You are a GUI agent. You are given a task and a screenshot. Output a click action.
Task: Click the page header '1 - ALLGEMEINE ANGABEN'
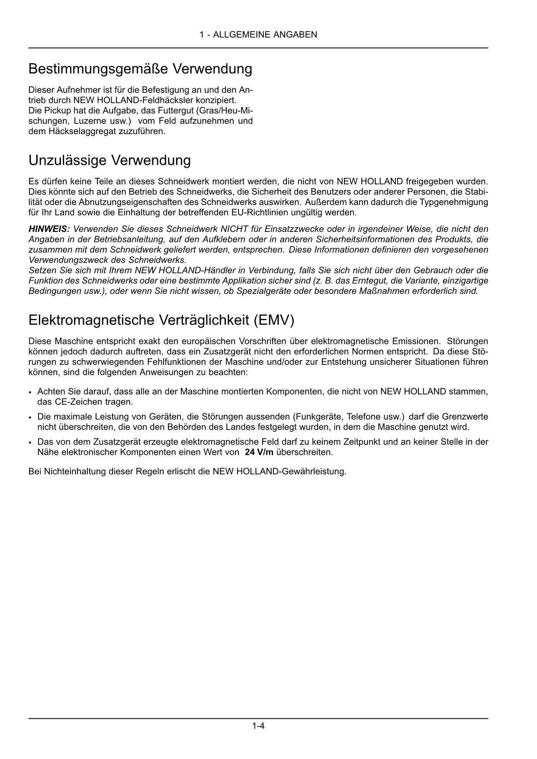[258, 35]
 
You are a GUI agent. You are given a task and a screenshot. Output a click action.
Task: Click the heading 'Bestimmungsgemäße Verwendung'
[140, 69]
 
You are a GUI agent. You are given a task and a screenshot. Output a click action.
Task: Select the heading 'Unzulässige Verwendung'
[109, 161]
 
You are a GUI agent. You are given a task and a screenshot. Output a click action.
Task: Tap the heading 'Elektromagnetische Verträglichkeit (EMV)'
[161, 321]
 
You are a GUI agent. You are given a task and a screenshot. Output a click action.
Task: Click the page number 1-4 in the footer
[258, 726]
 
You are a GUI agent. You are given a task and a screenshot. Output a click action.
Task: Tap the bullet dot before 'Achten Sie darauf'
[30, 392]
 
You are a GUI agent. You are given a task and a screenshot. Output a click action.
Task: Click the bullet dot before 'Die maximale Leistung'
[30, 418]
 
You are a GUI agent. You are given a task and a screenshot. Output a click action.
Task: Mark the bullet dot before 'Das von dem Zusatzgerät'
[30, 443]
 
